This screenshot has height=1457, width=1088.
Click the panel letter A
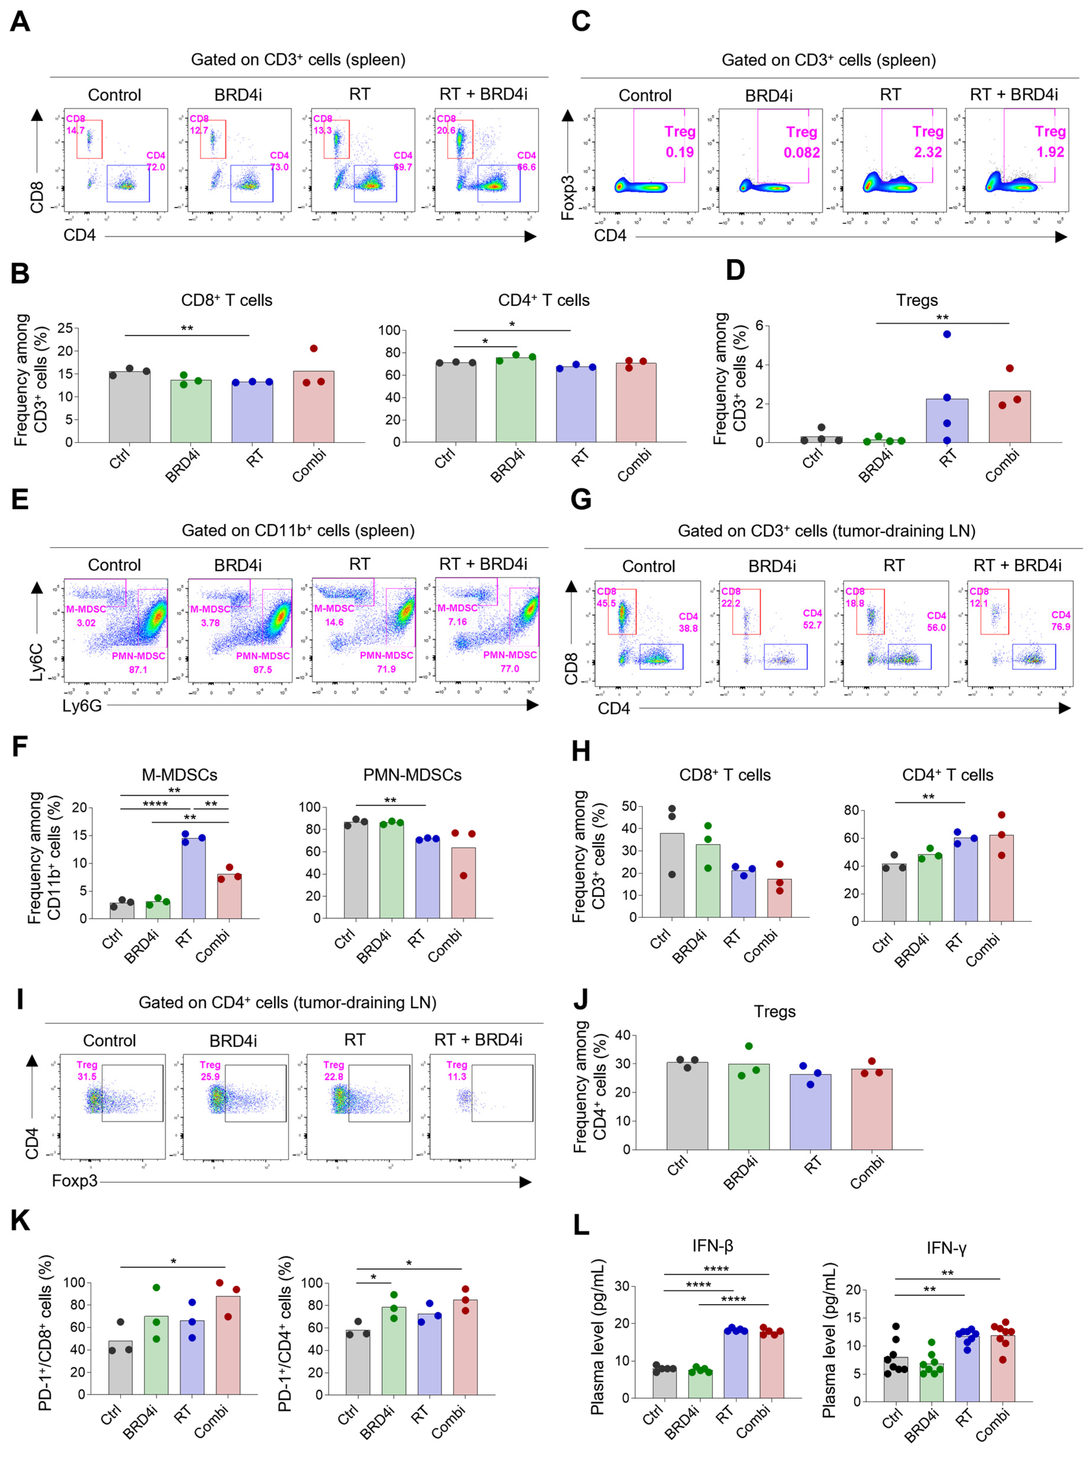20,22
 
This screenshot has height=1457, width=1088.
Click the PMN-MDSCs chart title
412,775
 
